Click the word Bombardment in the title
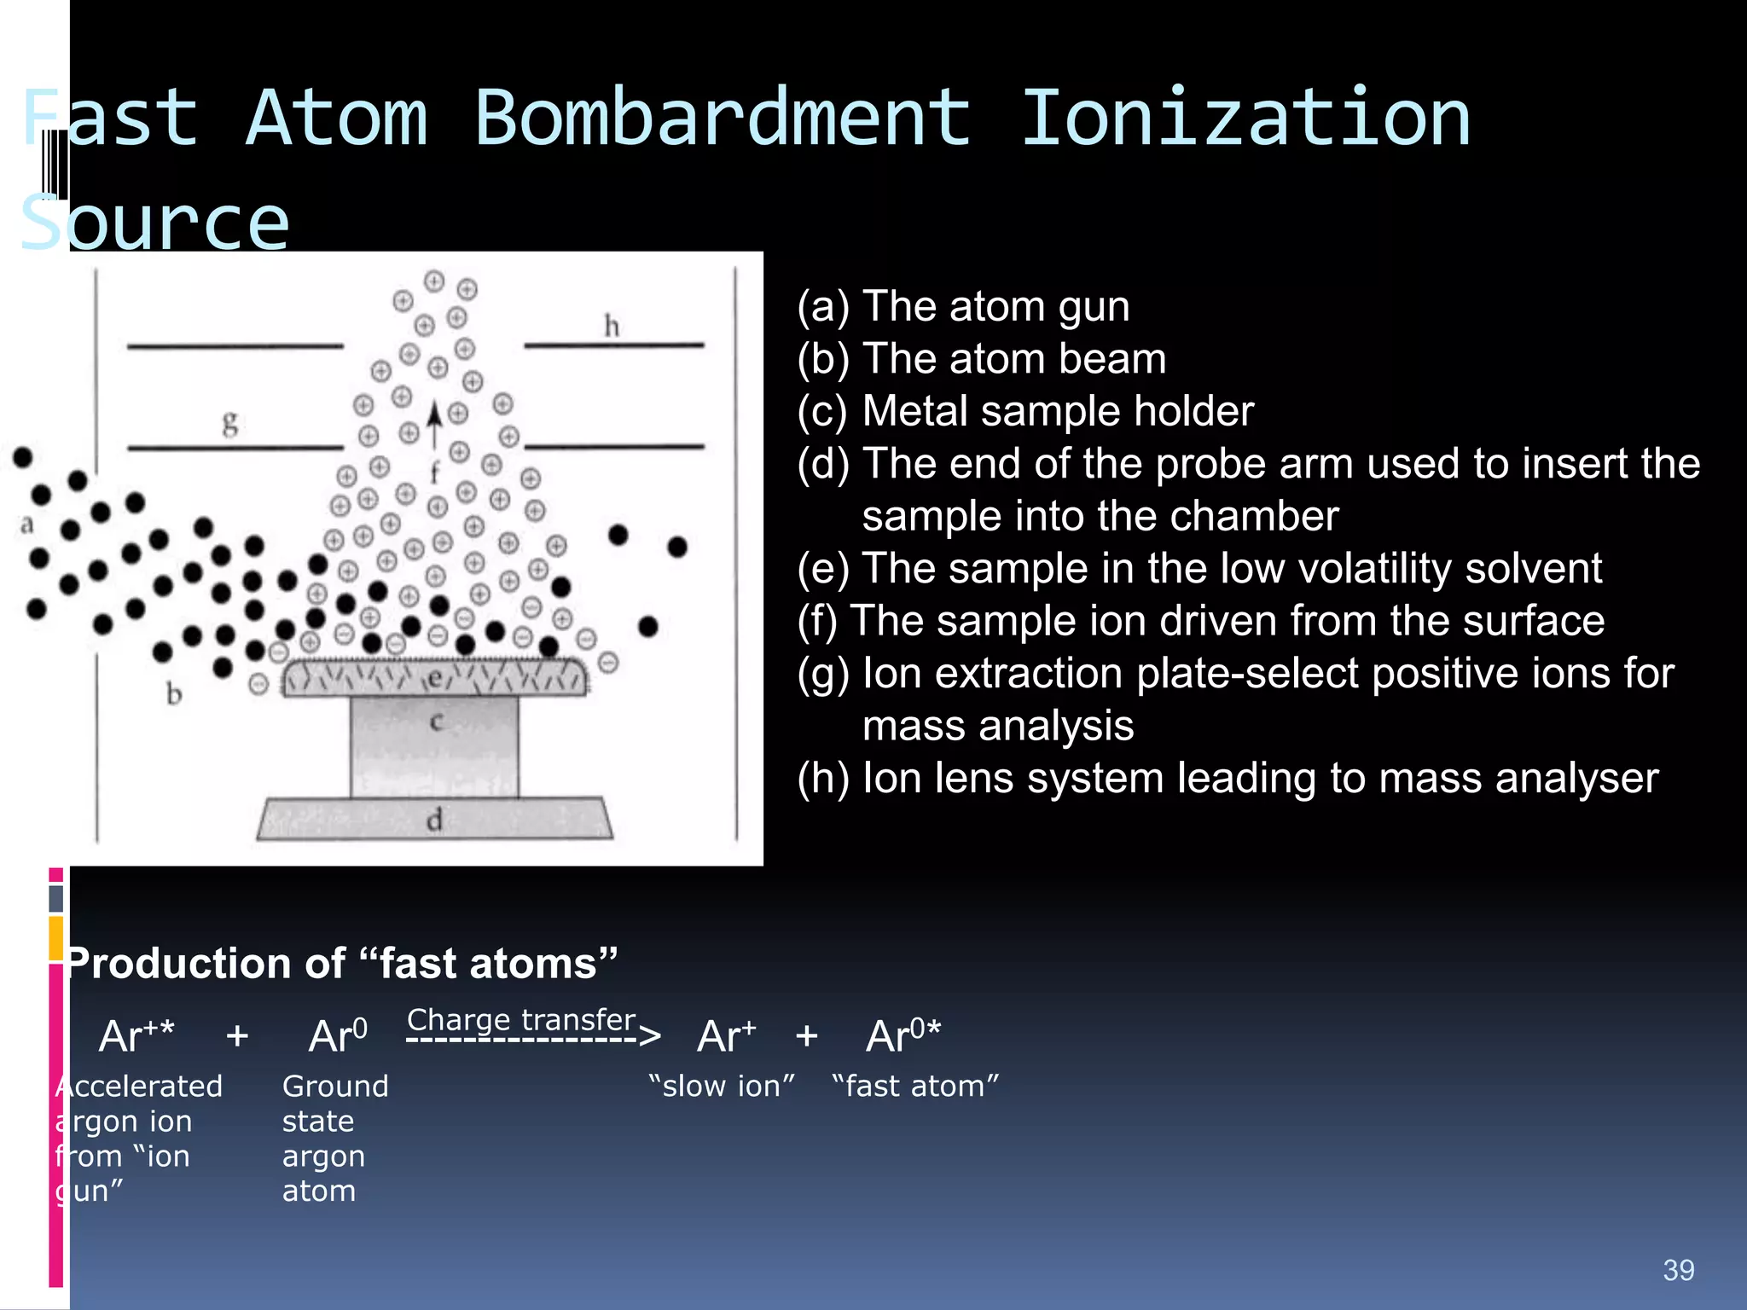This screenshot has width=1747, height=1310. click(x=722, y=119)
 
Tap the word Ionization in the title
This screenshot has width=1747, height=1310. click(x=1245, y=119)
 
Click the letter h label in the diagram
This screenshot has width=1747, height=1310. click(x=612, y=326)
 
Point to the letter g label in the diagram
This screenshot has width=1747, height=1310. click(x=230, y=422)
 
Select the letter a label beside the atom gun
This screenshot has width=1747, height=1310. click(x=27, y=525)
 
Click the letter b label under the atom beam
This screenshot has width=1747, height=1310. click(x=174, y=694)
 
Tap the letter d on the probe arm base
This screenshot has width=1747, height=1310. click(x=434, y=820)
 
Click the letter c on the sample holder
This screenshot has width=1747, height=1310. click(x=436, y=722)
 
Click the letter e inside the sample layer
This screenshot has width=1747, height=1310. click(x=435, y=679)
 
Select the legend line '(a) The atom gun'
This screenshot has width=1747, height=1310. click(x=963, y=306)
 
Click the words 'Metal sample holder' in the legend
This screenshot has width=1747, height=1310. click(x=1058, y=411)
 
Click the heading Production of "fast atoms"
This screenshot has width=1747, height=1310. click(x=341, y=964)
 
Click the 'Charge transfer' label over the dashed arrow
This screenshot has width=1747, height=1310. click(x=521, y=1020)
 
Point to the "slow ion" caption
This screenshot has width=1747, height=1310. click(x=722, y=1087)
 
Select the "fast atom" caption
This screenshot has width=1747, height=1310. click(x=915, y=1087)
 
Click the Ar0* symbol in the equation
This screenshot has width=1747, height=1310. click(x=903, y=1036)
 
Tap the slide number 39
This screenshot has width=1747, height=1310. click(x=1678, y=1271)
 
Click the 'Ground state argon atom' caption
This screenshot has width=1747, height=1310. click(x=334, y=1138)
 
